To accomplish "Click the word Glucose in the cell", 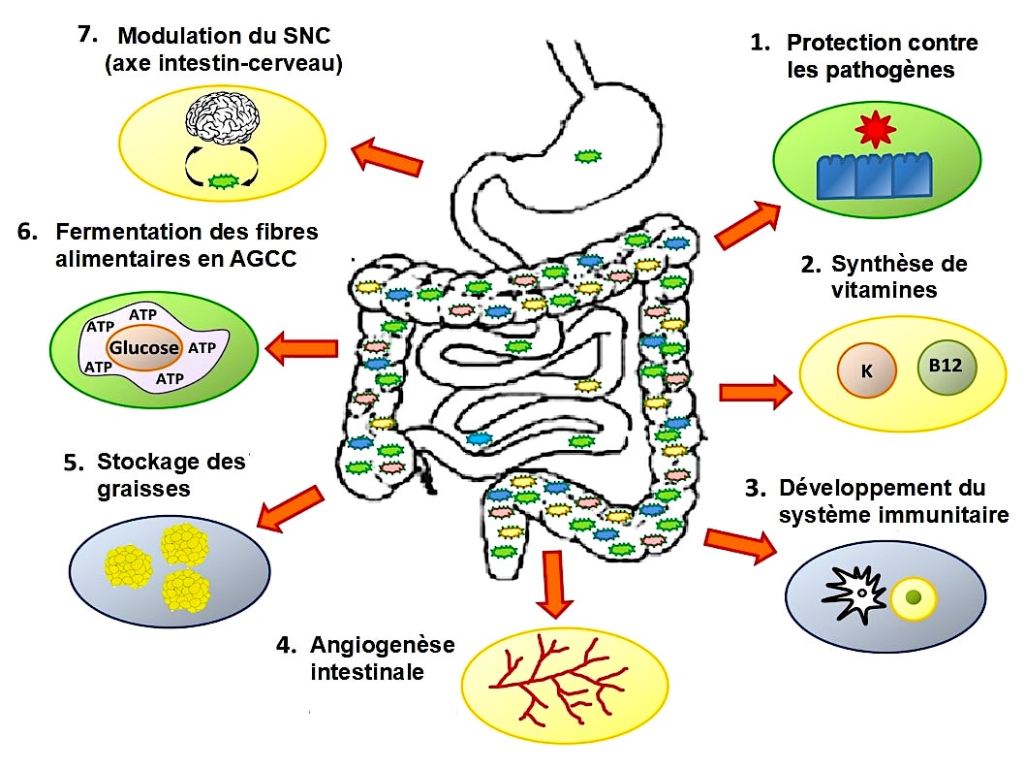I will pyautogui.click(x=143, y=347).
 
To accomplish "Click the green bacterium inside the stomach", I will pyautogui.click(x=585, y=155).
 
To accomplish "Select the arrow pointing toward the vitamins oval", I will pyautogui.click(x=755, y=392).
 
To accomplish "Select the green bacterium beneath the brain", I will pyautogui.click(x=224, y=180).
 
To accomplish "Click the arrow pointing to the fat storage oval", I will pyautogui.click(x=290, y=509).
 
